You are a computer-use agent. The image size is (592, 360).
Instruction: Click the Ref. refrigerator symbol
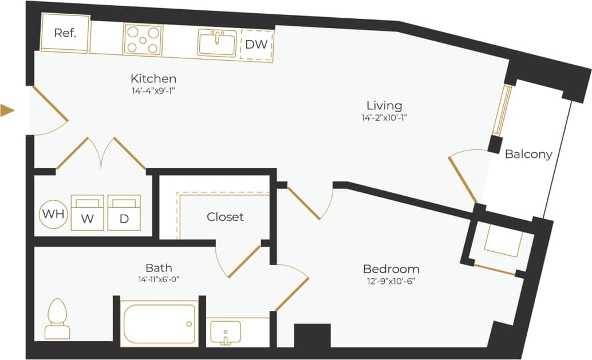click(x=65, y=33)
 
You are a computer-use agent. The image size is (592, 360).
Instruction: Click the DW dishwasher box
click(x=256, y=45)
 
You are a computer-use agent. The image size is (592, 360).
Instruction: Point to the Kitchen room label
click(x=153, y=78)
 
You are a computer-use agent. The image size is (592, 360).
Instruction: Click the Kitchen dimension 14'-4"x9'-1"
click(x=153, y=90)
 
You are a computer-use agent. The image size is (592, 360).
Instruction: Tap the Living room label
click(x=384, y=105)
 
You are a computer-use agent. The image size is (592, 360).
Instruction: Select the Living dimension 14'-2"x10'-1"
click(x=384, y=117)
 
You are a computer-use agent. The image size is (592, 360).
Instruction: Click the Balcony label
click(x=528, y=154)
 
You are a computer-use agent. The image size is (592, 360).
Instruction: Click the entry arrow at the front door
click(x=7, y=110)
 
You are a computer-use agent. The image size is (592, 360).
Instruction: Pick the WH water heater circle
click(x=53, y=214)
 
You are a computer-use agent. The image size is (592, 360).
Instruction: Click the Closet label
click(x=225, y=217)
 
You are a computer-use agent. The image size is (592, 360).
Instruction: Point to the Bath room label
click(x=159, y=267)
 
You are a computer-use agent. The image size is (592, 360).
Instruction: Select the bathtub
click(x=159, y=323)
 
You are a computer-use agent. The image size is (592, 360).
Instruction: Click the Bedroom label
click(x=391, y=269)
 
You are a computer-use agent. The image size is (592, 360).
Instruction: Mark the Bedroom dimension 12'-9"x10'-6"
click(x=391, y=281)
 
